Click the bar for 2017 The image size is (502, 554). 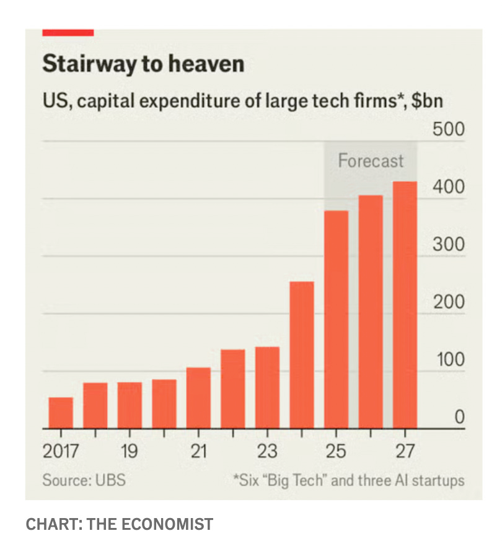click(x=61, y=413)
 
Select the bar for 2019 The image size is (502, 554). click(x=130, y=405)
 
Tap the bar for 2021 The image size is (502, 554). click(x=198, y=398)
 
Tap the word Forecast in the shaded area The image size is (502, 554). click(x=371, y=161)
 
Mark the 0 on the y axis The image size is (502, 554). click(x=459, y=417)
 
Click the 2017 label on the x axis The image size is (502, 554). click(x=61, y=451)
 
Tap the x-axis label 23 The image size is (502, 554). click(x=267, y=451)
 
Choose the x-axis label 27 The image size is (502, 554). click(x=405, y=451)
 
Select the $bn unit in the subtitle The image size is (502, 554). click(x=428, y=100)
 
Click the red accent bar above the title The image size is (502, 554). click(x=68, y=32)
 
